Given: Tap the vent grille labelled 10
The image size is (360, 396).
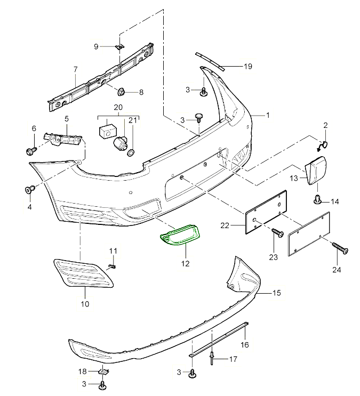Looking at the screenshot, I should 84,272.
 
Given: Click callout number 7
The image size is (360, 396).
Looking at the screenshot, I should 75,69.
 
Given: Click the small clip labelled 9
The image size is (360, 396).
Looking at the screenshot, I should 120,47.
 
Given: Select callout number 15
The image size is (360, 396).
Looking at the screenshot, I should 276,293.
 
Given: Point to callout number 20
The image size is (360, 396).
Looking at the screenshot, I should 118,107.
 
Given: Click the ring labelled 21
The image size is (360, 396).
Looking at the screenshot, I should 131,153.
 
